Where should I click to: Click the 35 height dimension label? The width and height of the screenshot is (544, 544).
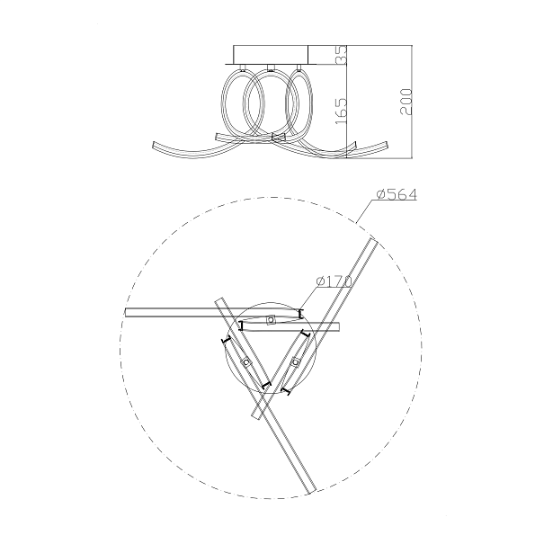tap(342, 55)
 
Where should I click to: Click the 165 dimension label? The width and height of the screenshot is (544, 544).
tap(342, 111)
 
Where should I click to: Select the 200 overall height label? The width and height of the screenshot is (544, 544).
tap(406, 102)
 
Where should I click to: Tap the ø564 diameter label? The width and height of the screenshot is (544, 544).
tap(397, 194)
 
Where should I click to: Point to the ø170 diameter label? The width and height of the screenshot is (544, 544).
tap(334, 281)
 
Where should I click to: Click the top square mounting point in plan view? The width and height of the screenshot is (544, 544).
tap(271, 319)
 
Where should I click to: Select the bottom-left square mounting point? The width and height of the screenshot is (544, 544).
tap(246, 362)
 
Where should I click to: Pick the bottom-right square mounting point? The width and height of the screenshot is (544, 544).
tap(295, 362)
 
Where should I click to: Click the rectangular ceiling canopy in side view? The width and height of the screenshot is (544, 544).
tap(271, 55)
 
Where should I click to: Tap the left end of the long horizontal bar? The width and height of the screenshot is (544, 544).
tap(126, 312)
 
